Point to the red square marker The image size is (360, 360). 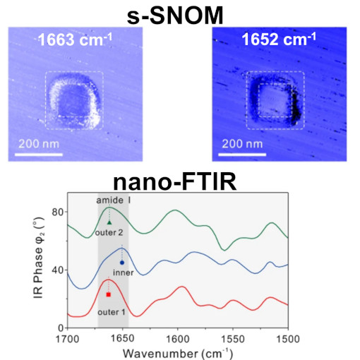tap(109, 294)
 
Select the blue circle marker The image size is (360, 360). tap(122, 263)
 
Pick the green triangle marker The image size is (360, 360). tap(109, 222)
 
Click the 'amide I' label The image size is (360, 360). tap(113, 201)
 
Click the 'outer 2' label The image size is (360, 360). tap(109, 232)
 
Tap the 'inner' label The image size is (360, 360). tap(124, 272)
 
